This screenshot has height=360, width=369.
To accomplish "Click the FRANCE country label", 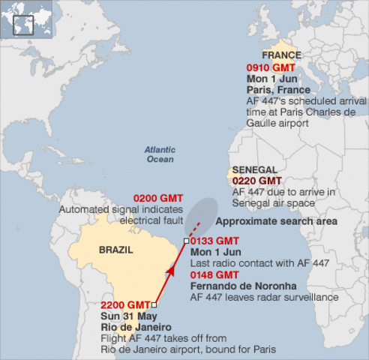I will tap(280, 55).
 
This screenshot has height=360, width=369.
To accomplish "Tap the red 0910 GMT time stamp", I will tap(271, 67).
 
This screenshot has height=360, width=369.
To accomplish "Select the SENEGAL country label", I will tap(255, 170).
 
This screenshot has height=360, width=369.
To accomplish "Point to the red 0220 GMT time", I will tap(257, 181).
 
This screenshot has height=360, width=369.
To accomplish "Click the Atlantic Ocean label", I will tap(159, 154).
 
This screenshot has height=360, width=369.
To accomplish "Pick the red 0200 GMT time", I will tap(157, 199).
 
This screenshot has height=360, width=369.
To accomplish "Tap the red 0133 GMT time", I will tap(214, 241).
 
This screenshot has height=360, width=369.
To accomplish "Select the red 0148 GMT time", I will tap(214, 275).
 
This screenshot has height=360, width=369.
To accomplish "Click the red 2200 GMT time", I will tap(125, 305).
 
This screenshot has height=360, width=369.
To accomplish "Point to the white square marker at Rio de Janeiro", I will tap(154, 305).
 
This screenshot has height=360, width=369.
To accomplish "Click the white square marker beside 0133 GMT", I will tap(186, 241).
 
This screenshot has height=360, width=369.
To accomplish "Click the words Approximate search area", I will tap(276, 222).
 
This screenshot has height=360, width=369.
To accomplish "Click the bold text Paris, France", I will tap(278, 90).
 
